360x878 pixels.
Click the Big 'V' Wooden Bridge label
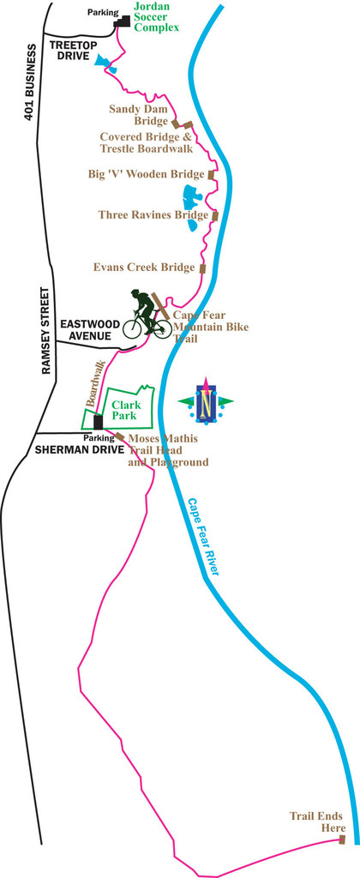146,174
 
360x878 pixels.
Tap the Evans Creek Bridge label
144,268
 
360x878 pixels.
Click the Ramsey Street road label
47,330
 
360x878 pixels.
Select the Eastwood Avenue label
86,330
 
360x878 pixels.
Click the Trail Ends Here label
316,821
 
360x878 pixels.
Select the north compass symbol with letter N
205,400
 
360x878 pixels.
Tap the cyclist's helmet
135,293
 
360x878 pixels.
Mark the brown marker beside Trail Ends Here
341,839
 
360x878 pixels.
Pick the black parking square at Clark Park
99,422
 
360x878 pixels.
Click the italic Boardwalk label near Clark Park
94,384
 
